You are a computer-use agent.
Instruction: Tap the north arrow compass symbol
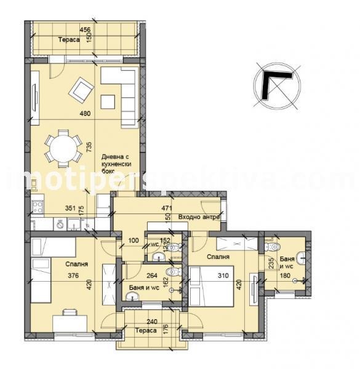click(276, 85)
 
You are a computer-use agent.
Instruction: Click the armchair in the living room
click(81, 91)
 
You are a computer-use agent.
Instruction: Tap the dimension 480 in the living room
click(85, 113)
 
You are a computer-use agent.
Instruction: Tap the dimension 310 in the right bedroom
click(225, 276)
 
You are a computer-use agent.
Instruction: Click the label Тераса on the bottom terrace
click(146, 330)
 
